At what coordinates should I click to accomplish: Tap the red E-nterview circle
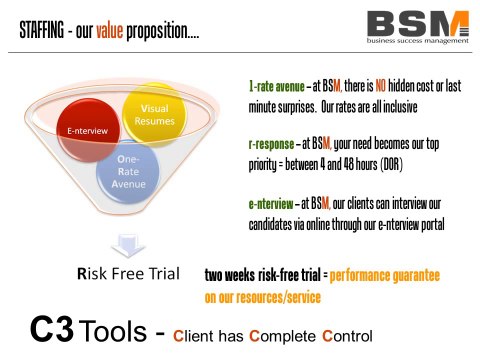pyautogui.click(x=85, y=129)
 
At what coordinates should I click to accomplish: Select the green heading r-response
pyautogui.click(x=273, y=142)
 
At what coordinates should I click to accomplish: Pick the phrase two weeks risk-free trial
pyautogui.click(x=262, y=274)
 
